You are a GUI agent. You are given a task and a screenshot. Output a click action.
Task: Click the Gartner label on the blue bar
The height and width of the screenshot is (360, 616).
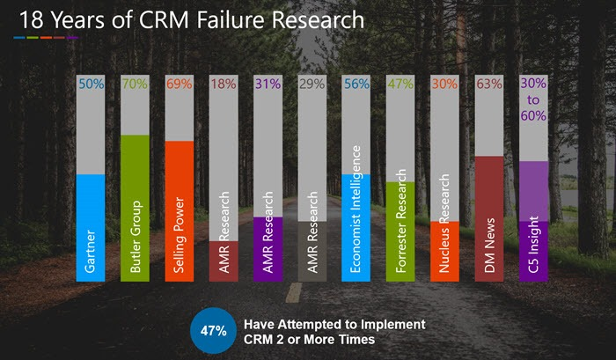(x=91, y=248)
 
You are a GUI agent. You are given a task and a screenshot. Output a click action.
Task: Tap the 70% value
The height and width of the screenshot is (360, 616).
(x=135, y=84)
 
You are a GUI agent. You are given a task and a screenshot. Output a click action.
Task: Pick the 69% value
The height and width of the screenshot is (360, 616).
(x=180, y=84)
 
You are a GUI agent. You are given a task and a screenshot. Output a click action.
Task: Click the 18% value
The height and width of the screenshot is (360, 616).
(x=224, y=84)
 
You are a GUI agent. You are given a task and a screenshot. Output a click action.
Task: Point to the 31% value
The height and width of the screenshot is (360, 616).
(x=268, y=84)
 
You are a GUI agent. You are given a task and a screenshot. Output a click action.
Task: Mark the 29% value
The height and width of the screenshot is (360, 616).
(x=312, y=84)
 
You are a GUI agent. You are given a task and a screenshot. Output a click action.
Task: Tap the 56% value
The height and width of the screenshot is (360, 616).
(x=356, y=84)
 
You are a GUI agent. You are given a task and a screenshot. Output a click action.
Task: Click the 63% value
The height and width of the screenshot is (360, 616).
(x=488, y=84)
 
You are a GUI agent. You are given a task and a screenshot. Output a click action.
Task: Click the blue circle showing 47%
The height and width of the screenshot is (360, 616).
(x=212, y=332)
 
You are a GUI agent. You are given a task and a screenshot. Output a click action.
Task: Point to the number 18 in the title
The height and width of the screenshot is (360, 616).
(x=26, y=18)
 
